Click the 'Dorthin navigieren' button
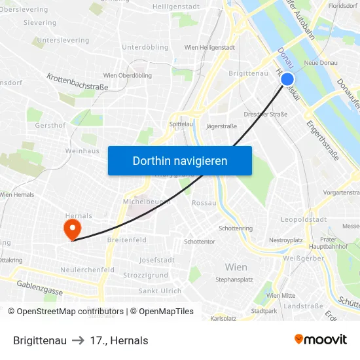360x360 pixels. (180, 161)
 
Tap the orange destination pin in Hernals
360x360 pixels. (71, 228)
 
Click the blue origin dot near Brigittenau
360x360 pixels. (287, 80)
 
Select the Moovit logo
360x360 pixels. (321, 340)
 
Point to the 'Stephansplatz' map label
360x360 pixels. (234, 279)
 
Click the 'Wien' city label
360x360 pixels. (236, 267)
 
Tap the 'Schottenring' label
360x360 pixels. (236, 228)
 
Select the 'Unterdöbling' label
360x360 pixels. (145, 47)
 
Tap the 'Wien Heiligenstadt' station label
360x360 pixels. (209, 48)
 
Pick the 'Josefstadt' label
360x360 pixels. (157, 260)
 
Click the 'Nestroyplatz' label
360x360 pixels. (286, 240)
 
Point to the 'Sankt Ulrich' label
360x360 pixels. (160, 291)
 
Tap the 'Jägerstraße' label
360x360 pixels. (221, 126)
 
